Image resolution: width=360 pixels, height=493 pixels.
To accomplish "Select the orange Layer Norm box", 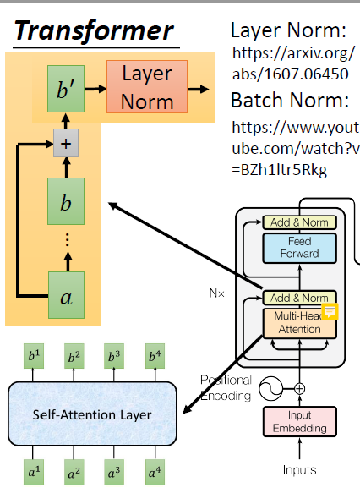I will tap(147, 86).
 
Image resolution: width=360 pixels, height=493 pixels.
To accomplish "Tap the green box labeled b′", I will tap(64, 88).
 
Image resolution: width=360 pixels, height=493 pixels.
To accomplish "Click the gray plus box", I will tap(65, 145).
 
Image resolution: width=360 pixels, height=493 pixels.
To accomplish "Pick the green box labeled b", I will tap(65, 203).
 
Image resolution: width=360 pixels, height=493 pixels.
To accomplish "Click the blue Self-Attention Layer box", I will tap(93, 415).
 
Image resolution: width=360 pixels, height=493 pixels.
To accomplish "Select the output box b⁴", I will tap(155, 355).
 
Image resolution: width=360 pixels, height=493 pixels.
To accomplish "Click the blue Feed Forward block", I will tap(299, 247).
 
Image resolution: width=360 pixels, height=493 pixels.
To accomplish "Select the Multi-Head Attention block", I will tap(298, 324).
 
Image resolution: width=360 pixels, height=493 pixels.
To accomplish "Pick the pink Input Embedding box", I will tap(299, 423).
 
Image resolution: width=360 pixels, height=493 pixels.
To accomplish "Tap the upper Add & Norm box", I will tap(299, 222).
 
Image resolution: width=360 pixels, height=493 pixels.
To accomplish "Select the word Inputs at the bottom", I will tap(299, 469).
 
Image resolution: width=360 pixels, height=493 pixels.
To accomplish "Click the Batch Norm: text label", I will tap(289, 101).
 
